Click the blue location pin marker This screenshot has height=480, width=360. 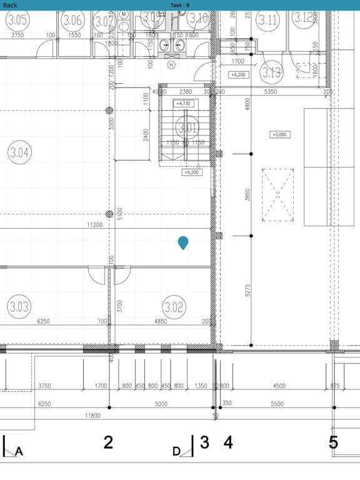[x=183, y=242]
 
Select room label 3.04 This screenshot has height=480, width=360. [x=19, y=152]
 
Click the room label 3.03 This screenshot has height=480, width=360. [x=19, y=307]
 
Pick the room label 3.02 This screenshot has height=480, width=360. [x=174, y=307]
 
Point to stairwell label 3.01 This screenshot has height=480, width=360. [x=187, y=129]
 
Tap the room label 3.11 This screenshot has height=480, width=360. [x=267, y=19]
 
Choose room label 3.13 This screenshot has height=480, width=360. [x=272, y=72]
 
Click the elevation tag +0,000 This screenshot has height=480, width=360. [x=279, y=134]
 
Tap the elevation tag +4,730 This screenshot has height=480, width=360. [x=184, y=104]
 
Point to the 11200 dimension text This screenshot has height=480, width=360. [x=95, y=224]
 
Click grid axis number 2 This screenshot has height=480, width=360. [x=108, y=442]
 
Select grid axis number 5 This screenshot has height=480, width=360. [x=334, y=442]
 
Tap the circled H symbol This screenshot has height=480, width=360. [x=171, y=64]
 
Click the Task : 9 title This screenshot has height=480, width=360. [x=180, y=5]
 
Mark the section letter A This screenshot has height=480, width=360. [x=19, y=452]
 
